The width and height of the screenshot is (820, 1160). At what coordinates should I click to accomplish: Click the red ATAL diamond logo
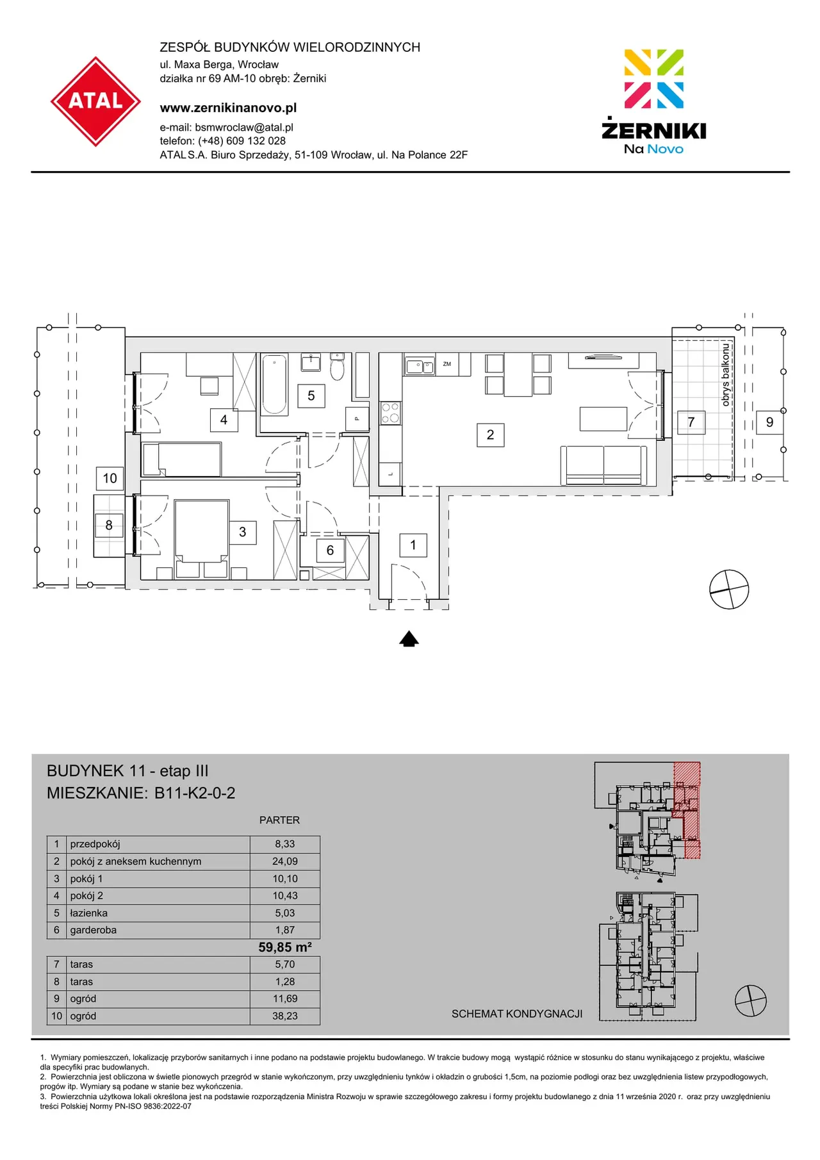pos(95,101)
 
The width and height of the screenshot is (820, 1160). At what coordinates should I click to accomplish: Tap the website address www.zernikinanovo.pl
pos(228,108)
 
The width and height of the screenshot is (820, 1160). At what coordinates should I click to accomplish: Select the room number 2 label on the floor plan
pos(490,435)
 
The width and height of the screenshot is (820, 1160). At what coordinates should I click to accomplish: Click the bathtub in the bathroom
pos(274,384)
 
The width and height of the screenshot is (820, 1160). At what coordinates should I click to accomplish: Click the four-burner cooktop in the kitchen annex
pos(390,413)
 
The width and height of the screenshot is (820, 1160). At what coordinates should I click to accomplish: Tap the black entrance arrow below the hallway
pos(409,639)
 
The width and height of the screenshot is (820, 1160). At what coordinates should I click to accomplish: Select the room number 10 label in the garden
pos(110,478)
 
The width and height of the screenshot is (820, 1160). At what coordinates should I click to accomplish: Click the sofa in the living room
pos(603,465)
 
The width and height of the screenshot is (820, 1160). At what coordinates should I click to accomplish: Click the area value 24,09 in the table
pos(285,861)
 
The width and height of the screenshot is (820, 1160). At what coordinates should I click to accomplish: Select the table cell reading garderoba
pos(94,930)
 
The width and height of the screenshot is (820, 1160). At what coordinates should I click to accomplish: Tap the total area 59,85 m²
pos(285,947)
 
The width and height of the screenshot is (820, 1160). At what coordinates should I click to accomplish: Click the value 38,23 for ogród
pos(285,1016)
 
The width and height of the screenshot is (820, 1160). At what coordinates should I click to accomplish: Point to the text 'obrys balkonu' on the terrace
pos(725,374)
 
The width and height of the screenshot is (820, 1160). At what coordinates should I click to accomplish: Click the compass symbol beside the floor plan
pos(729,589)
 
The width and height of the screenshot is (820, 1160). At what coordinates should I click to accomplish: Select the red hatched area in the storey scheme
pos(687,810)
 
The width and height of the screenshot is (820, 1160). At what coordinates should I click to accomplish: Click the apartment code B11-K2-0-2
pos(195,793)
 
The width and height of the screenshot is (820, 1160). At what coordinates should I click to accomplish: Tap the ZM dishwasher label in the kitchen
pos(447,364)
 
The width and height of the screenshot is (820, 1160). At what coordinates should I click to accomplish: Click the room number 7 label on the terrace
pos(691,422)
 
